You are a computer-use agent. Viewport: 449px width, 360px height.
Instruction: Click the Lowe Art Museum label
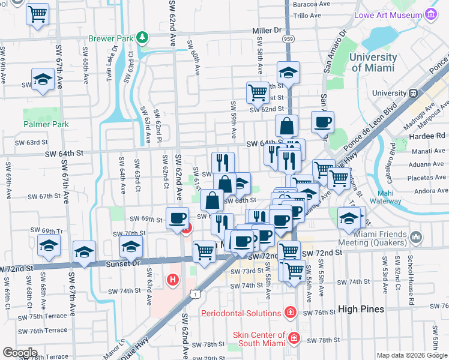[388, 14]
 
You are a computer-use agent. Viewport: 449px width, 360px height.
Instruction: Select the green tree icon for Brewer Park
[142, 38]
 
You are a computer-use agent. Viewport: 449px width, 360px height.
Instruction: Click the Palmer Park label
[46, 125]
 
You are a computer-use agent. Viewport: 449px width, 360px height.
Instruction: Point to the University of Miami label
[373, 62]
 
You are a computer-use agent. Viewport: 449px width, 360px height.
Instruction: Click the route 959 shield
[289, 38]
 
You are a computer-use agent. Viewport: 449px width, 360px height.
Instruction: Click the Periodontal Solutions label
[241, 313]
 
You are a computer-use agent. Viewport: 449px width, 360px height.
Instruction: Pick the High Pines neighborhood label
[360, 309]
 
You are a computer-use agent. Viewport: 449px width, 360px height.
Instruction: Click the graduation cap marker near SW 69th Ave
[43, 79]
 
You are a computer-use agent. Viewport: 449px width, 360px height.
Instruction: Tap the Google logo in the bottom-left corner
[20, 352]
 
